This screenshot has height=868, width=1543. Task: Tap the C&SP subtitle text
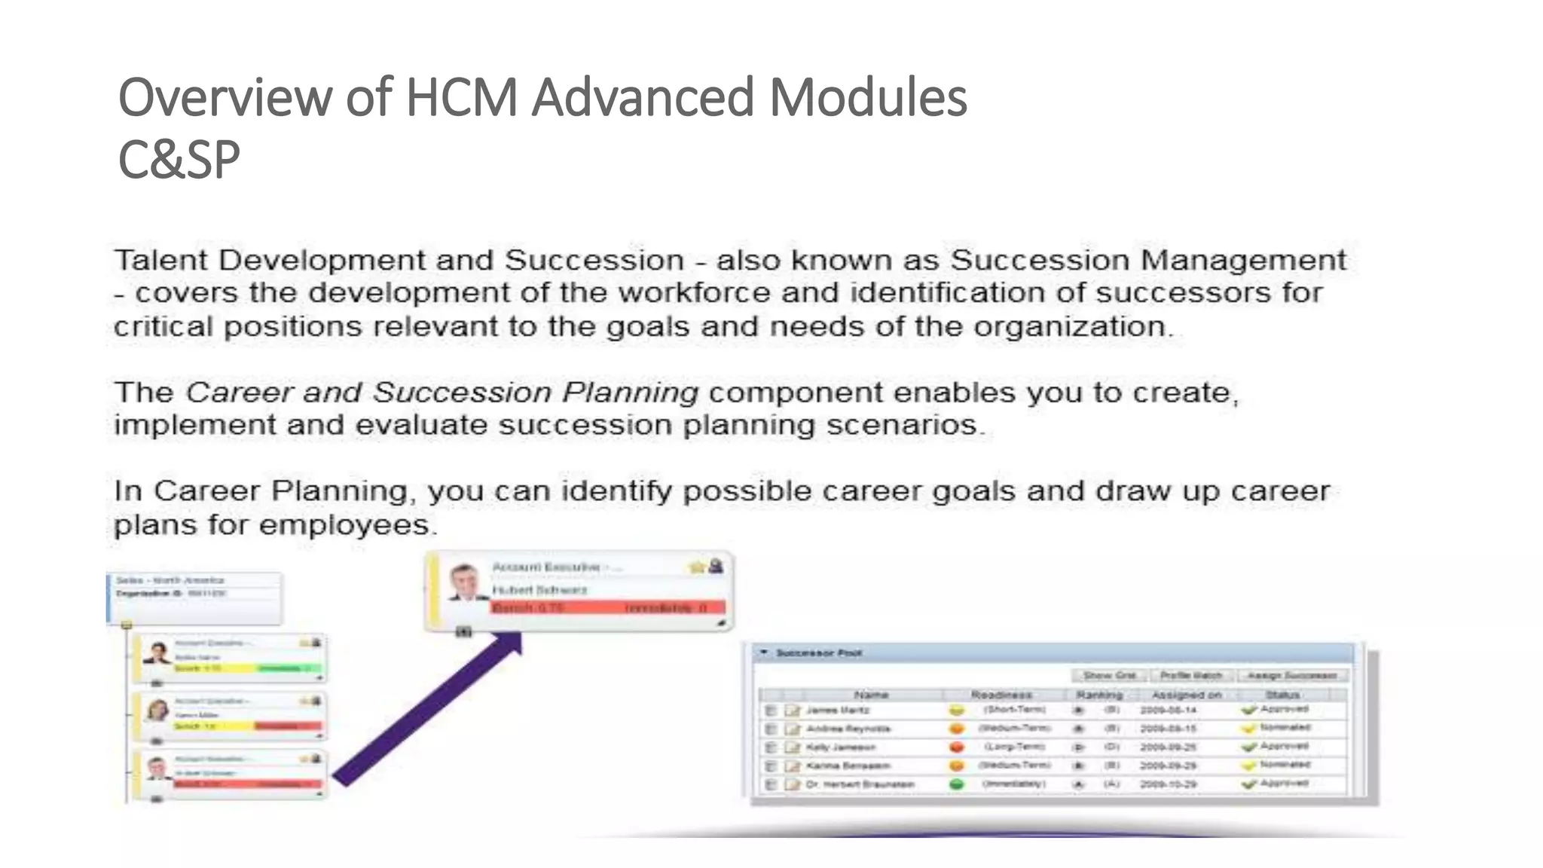coord(179,160)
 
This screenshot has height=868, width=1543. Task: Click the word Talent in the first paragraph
coord(160,261)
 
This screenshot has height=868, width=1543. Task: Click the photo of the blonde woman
coord(158,710)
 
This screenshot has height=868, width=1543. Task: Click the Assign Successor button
coord(1291,675)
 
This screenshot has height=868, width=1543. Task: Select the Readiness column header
coord(1001,695)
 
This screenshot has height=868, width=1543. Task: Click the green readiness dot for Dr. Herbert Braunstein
coord(957,784)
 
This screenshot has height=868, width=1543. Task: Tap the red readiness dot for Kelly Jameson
coord(957,747)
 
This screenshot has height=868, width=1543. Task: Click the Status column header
coord(1282,695)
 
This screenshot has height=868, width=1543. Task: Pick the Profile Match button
coord(1191,675)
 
